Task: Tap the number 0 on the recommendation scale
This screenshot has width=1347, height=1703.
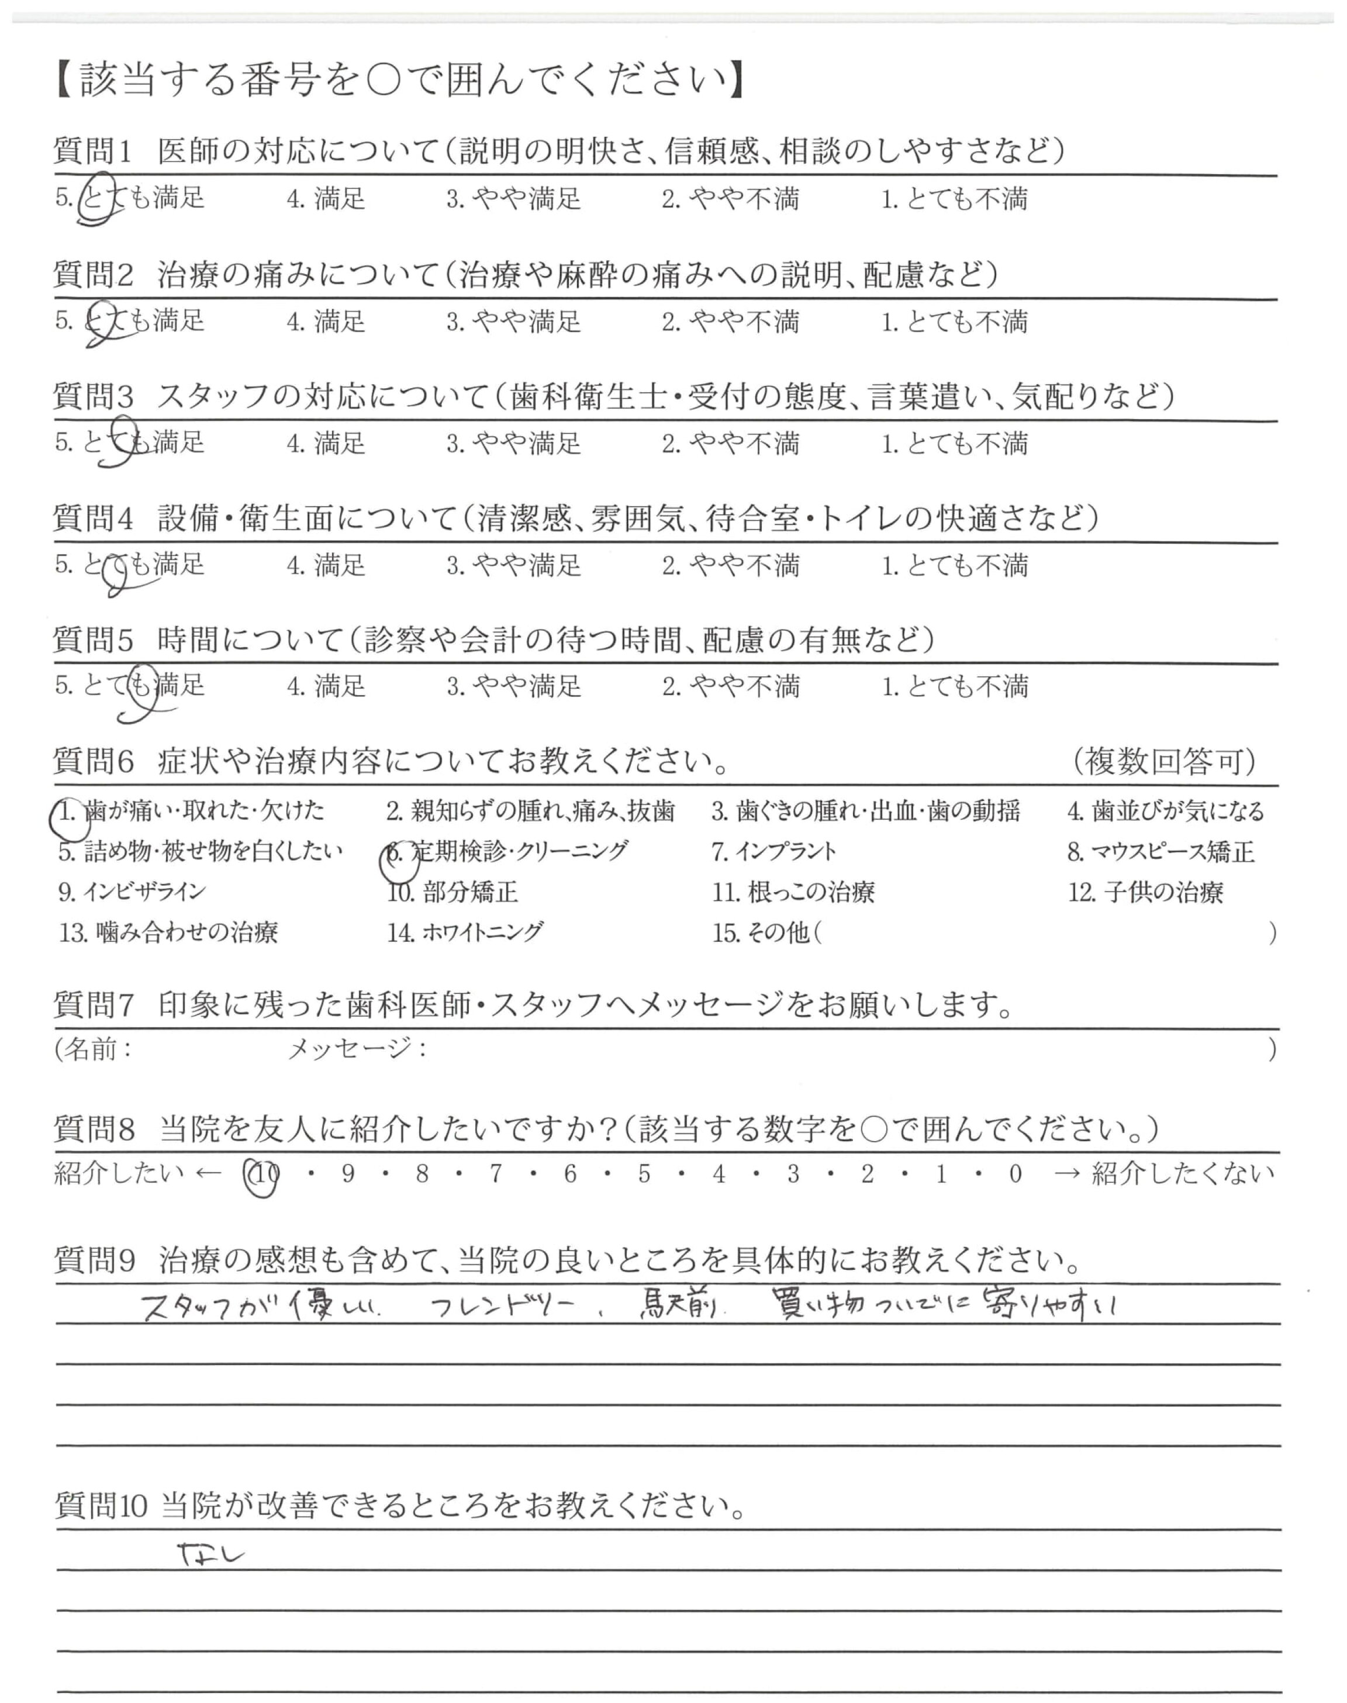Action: pyautogui.click(x=1015, y=1175)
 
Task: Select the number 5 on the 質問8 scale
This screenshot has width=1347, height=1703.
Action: pyautogui.click(x=644, y=1175)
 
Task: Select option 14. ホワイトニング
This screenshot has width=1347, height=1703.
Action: pyautogui.click(x=465, y=932)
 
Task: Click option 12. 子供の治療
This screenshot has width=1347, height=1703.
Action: pyautogui.click(x=1145, y=893)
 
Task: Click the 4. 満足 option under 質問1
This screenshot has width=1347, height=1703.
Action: pyautogui.click(x=326, y=199)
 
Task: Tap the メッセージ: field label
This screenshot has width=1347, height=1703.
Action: pyautogui.click(x=357, y=1049)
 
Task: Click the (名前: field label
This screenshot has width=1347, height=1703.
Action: pyautogui.click(x=93, y=1049)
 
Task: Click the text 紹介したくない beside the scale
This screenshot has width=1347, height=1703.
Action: pyautogui.click(x=1182, y=1175)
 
